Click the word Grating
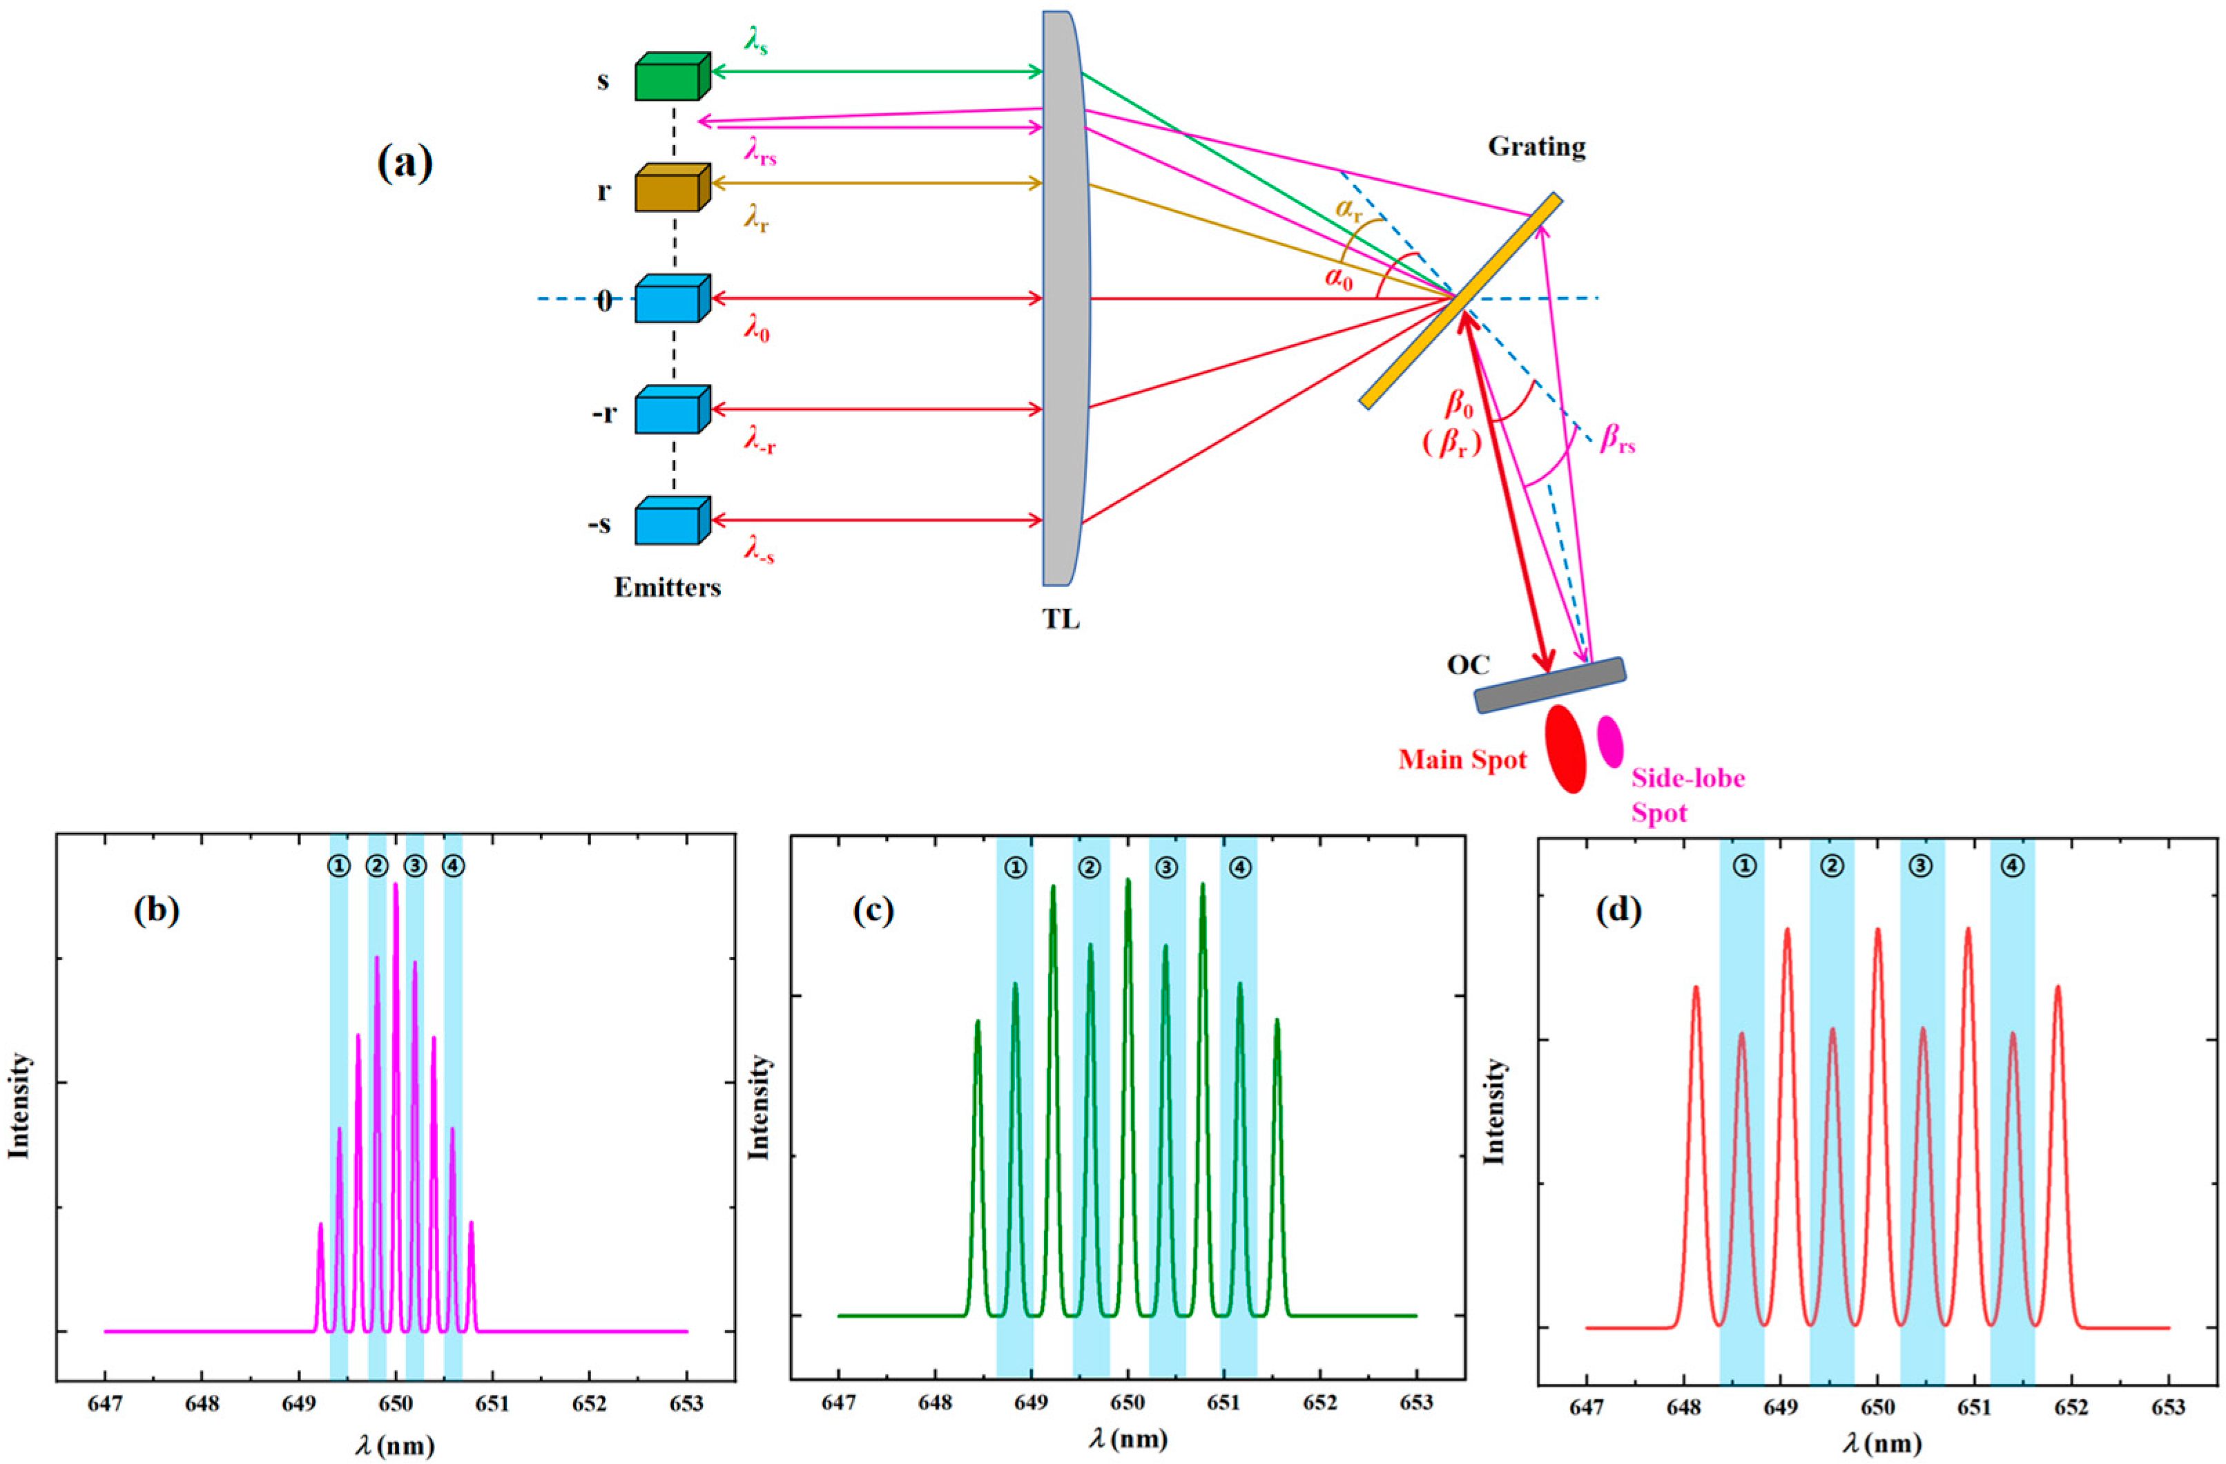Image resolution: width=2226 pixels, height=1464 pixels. coord(1537,148)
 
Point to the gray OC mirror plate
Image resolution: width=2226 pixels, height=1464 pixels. coord(1550,685)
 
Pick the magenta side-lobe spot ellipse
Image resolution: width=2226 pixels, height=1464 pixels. coord(1609,742)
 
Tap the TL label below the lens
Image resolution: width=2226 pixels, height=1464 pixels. coord(1061,619)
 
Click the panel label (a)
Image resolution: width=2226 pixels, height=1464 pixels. coord(405,164)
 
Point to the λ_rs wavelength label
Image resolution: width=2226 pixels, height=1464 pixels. coord(759,155)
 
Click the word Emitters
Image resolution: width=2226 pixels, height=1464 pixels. coord(667,588)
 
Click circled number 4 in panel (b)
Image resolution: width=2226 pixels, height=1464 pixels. coord(454,866)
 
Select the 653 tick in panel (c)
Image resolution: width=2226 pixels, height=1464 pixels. coord(1416,1403)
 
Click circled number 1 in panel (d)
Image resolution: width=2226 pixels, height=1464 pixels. coord(1743,866)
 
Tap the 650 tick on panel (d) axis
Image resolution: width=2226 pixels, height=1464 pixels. coord(1877,1408)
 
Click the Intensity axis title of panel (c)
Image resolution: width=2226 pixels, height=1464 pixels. coord(759,1107)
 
